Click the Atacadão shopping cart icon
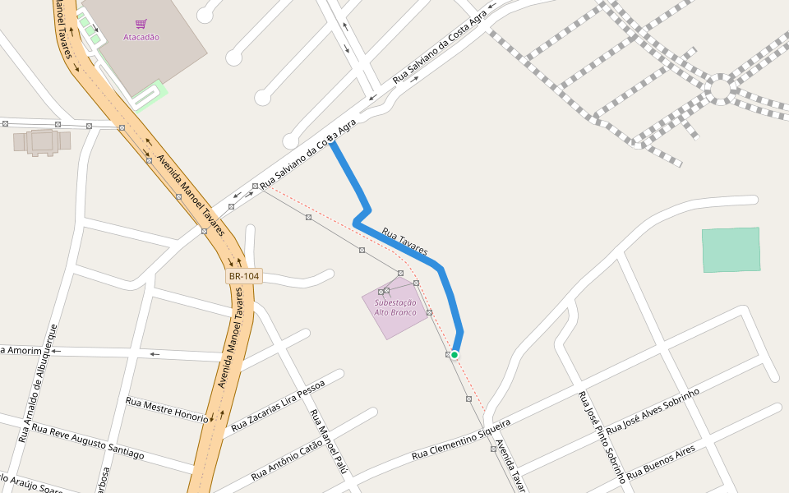pyautogui.click(x=141, y=25)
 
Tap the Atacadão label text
pyautogui.click(x=141, y=37)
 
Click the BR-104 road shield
pyautogui.click(x=244, y=277)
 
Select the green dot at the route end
pyautogui.click(x=454, y=354)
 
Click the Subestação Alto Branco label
pyautogui.click(x=395, y=308)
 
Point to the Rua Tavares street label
pyautogui.click(x=404, y=242)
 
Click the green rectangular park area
pyautogui.click(x=731, y=250)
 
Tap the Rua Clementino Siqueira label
pyautogui.click(x=461, y=439)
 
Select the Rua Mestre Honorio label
pyautogui.click(x=167, y=408)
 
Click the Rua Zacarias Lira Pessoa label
pyautogui.click(x=278, y=406)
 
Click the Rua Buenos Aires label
pyautogui.click(x=661, y=463)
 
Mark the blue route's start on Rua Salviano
pyautogui.click(x=331, y=143)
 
